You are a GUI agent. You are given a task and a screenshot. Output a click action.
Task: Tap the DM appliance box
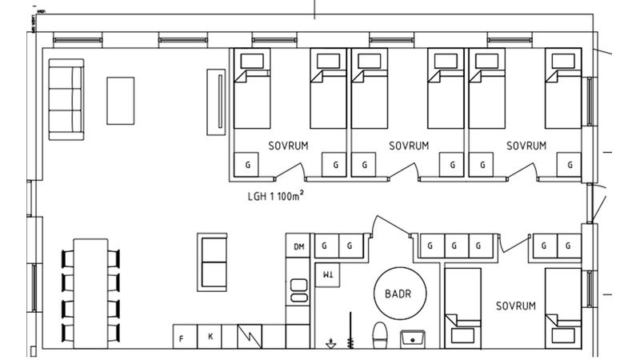click(299, 246)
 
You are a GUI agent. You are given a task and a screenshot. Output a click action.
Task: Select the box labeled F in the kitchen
click(182, 337)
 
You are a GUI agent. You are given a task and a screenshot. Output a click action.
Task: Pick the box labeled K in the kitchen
click(210, 337)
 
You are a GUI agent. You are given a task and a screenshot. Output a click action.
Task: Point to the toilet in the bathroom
click(381, 334)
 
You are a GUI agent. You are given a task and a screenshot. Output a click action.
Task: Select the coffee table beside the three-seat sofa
click(121, 99)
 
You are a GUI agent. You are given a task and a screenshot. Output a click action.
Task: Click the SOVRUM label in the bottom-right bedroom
click(514, 306)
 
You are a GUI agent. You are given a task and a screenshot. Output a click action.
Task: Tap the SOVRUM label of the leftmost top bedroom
click(288, 146)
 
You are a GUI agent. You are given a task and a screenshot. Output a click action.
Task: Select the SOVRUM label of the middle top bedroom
click(409, 146)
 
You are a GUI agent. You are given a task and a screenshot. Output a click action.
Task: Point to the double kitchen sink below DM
click(299, 289)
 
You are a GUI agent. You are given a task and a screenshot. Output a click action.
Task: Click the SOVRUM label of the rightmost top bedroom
click(526, 146)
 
